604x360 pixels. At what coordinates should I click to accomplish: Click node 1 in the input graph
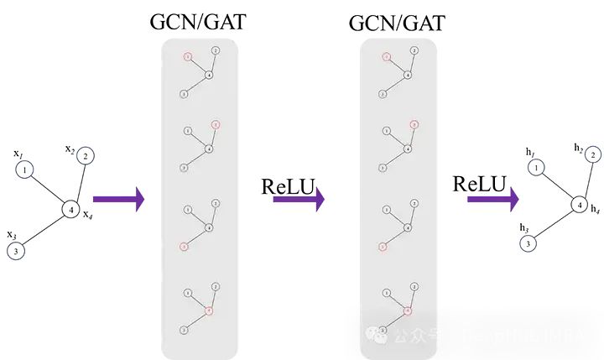click(26, 170)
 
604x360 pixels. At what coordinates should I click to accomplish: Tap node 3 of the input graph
click(16, 250)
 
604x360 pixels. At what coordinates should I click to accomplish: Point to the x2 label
click(70, 149)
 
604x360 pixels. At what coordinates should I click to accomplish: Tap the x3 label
click(11, 234)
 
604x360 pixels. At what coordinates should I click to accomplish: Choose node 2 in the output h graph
click(592, 155)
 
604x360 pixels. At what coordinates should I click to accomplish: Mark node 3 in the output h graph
click(528, 243)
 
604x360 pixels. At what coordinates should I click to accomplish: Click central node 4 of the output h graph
click(578, 204)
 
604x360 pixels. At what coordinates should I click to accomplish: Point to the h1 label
click(530, 151)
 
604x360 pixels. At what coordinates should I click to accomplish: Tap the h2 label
click(578, 148)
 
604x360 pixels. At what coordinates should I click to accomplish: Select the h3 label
click(523, 227)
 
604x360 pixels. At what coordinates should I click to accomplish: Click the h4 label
click(595, 208)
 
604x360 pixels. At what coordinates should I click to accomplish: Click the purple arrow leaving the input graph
click(118, 199)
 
